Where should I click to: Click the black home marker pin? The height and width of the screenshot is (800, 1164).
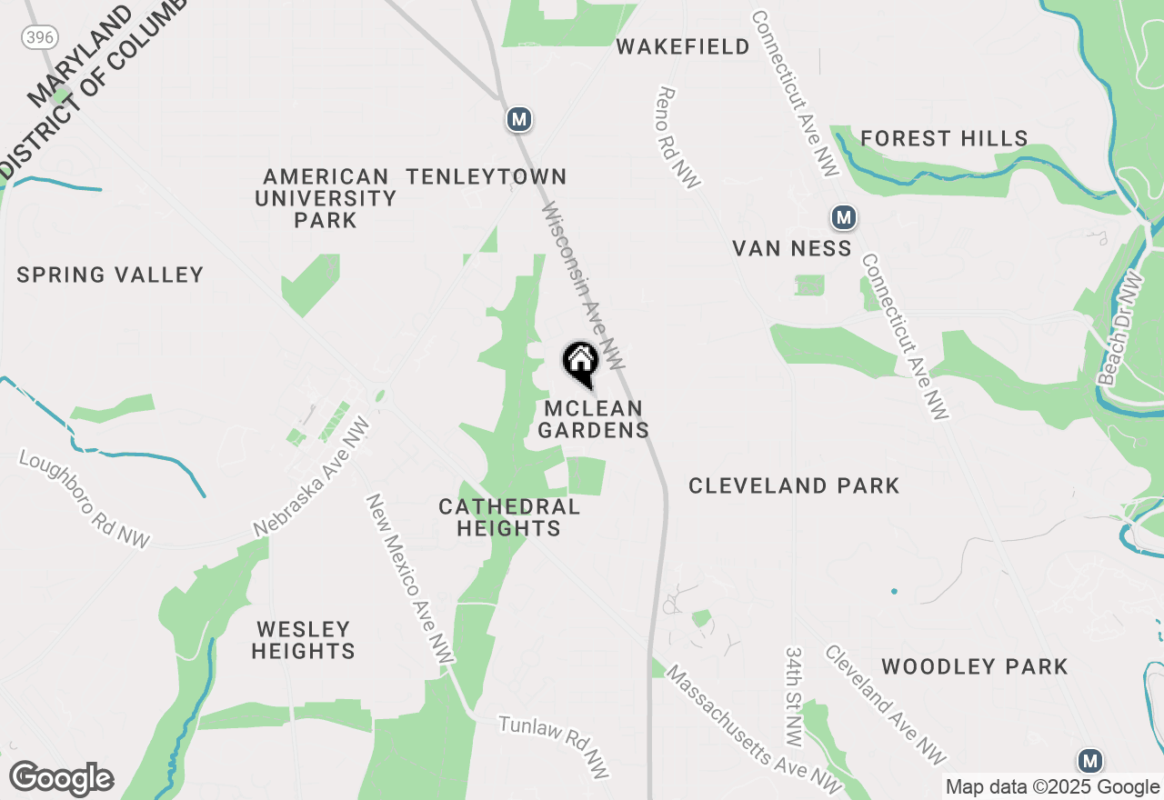[x=580, y=364]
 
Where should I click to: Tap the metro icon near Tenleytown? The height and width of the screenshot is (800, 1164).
[x=518, y=118]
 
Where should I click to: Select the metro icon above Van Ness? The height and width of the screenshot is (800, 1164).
[x=844, y=217]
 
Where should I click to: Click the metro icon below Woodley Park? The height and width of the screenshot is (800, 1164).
[x=1089, y=761]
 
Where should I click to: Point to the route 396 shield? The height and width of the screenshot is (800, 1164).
[x=37, y=36]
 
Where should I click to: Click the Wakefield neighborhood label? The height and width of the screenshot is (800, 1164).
[x=683, y=46]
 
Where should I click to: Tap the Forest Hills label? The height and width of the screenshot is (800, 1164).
[x=944, y=139]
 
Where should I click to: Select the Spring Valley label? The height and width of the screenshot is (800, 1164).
[x=110, y=275]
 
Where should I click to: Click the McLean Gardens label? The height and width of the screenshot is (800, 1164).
[x=593, y=419]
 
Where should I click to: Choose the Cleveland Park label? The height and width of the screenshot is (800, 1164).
[x=794, y=485]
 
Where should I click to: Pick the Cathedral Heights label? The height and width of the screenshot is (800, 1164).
[x=509, y=517]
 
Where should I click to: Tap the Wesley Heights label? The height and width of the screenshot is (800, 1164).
[x=303, y=640]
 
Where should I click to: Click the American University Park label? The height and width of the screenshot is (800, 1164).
[x=326, y=198]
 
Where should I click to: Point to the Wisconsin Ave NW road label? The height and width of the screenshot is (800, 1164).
[x=583, y=285]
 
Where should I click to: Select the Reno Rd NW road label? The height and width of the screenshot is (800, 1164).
[x=678, y=138]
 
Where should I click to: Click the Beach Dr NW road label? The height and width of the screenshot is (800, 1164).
[x=1119, y=328]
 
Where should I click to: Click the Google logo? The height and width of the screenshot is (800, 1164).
[x=61, y=779]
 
